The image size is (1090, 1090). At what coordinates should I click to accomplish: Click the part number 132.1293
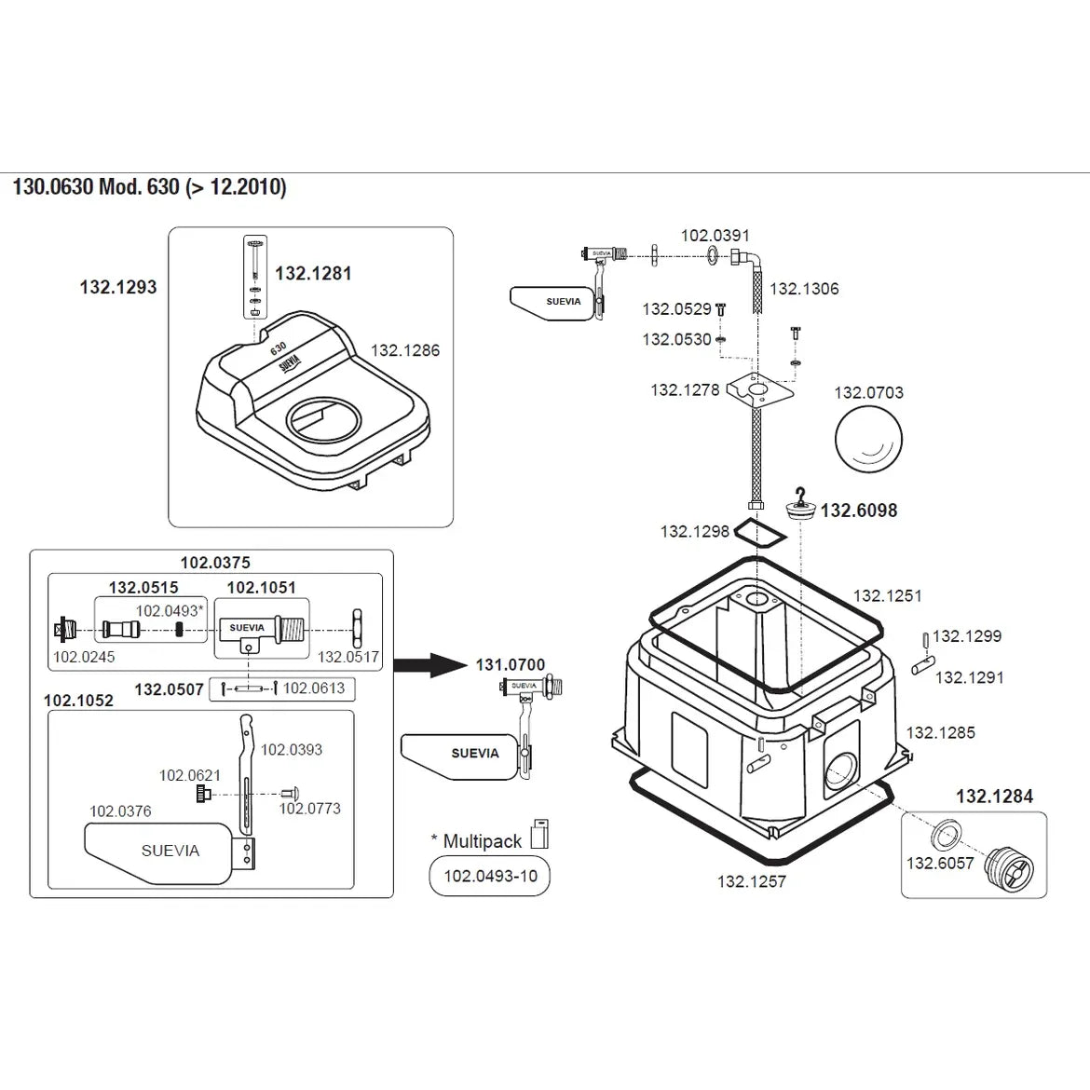click(x=118, y=288)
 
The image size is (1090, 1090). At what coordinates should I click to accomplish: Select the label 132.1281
click(x=313, y=274)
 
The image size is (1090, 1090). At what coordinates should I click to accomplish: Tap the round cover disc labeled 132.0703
click(x=868, y=438)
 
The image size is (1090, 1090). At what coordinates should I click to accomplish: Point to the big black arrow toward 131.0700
click(x=428, y=665)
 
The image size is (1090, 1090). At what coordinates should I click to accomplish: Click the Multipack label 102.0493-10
click(x=490, y=877)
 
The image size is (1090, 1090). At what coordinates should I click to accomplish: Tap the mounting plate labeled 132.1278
click(x=759, y=388)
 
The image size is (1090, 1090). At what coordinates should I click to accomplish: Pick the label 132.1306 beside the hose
click(x=804, y=289)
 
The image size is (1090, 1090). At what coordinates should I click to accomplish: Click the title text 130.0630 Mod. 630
click(x=149, y=186)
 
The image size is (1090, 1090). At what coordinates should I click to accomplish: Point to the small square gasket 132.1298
click(x=760, y=533)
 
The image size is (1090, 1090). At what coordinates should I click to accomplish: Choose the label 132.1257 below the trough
click(x=752, y=881)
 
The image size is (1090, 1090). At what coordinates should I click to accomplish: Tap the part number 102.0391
click(x=715, y=236)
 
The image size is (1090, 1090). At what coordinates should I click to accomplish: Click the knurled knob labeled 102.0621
click(x=202, y=795)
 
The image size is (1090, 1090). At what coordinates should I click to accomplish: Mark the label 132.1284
click(x=994, y=797)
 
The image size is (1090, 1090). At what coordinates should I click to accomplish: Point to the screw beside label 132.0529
click(x=719, y=309)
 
